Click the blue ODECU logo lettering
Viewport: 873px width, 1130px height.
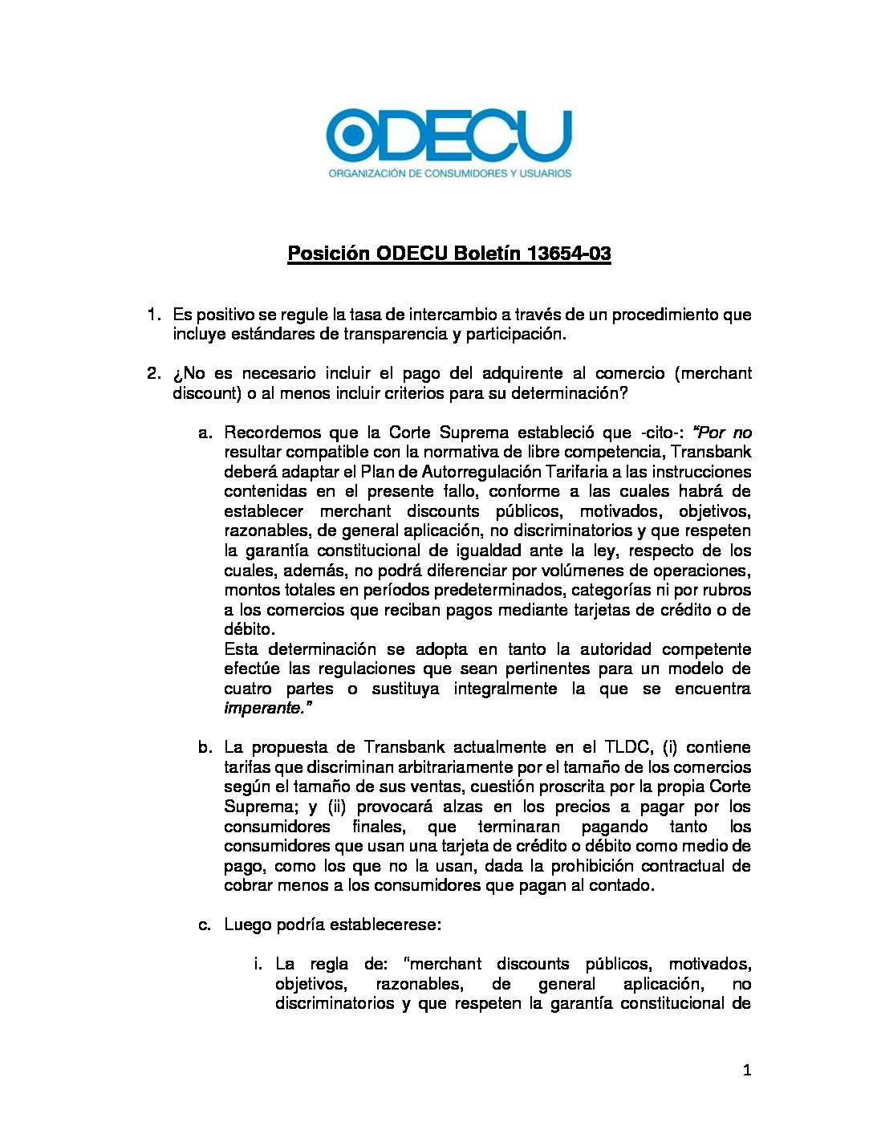pos(449,136)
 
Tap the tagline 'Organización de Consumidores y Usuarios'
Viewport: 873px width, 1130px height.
pos(449,173)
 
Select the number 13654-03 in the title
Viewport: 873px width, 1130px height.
pos(569,254)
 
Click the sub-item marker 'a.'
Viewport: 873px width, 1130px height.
pos(205,433)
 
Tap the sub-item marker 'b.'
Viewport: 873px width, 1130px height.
pos(205,747)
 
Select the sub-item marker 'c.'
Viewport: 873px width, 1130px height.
pos(205,925)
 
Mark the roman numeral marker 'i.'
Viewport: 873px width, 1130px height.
pos(258,964)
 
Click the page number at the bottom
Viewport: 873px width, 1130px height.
pos(747,1070)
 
